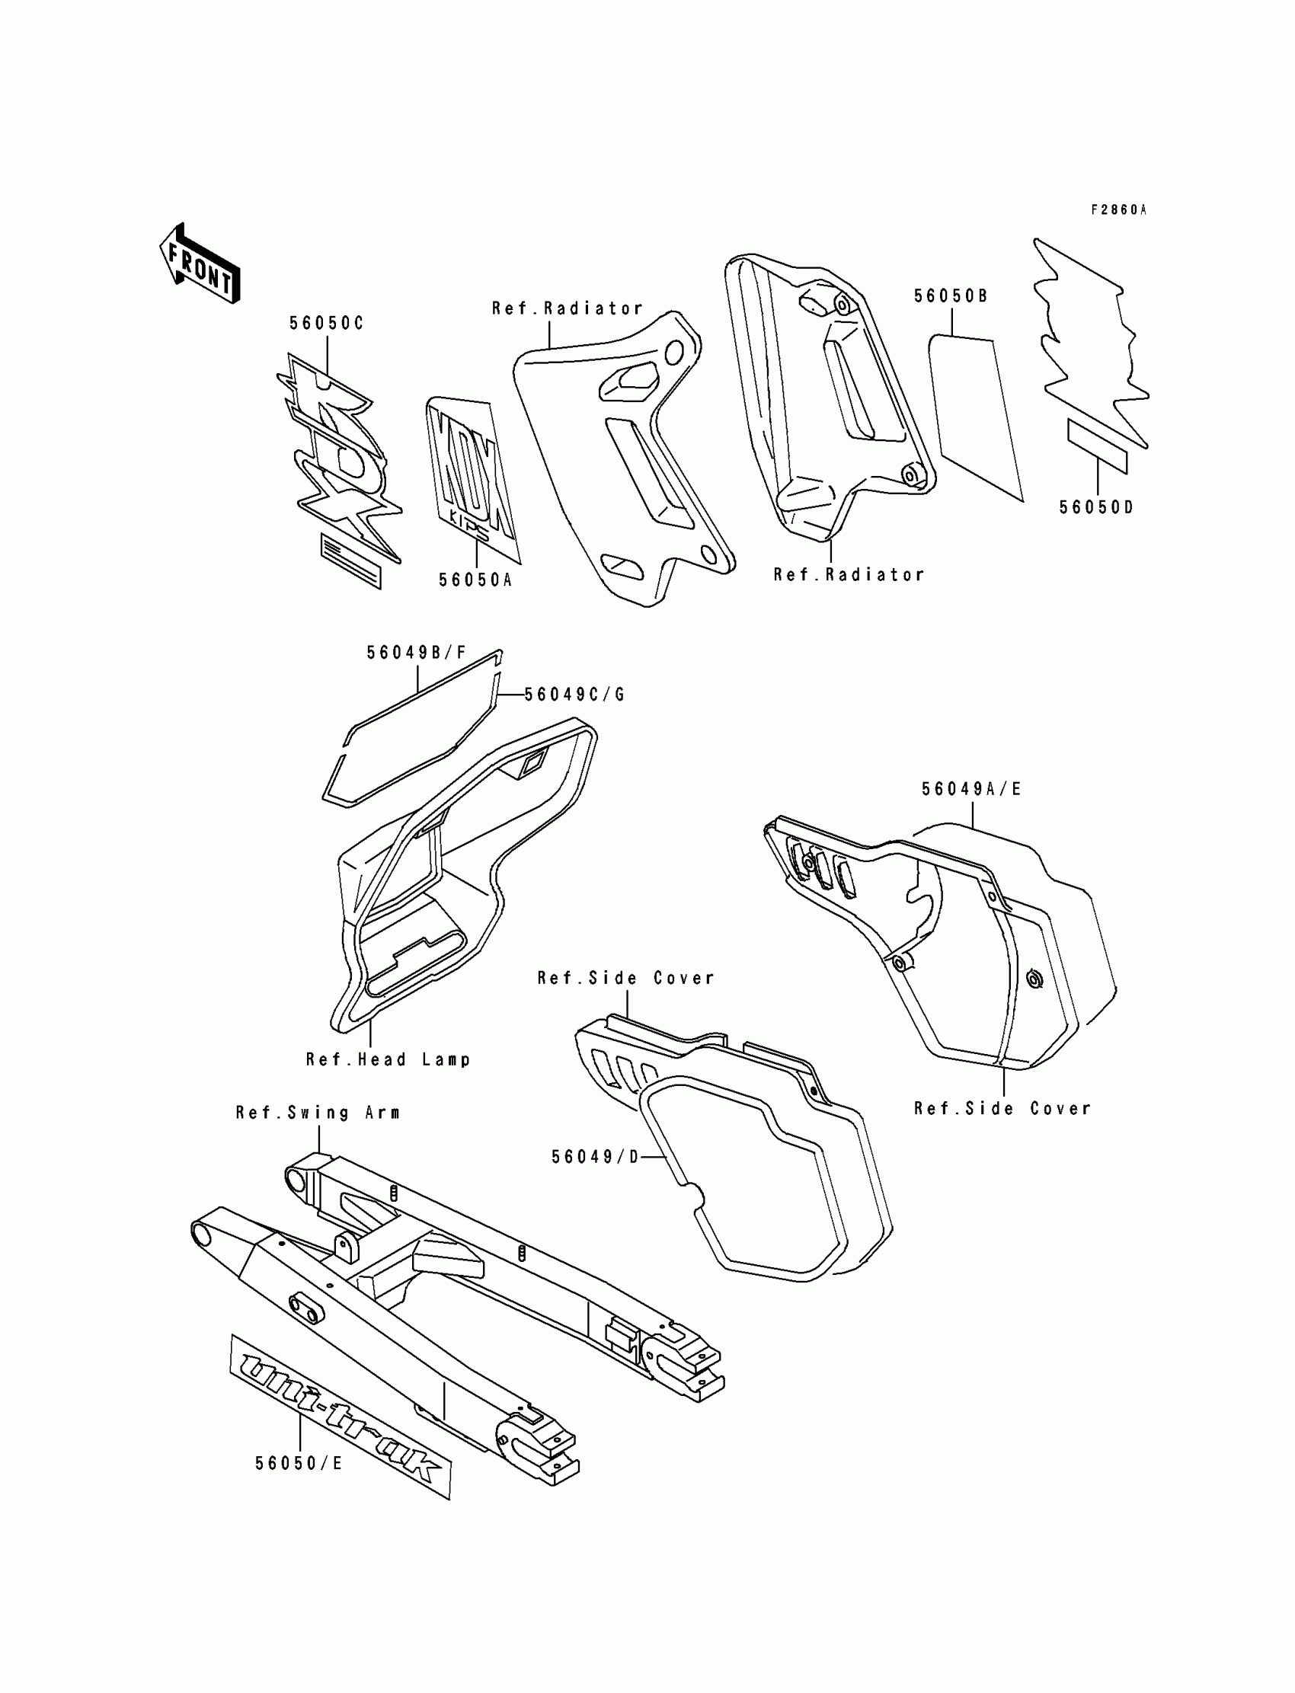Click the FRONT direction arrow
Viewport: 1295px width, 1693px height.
200,264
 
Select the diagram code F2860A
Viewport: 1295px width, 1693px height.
1118,209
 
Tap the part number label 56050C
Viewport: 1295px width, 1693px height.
326,324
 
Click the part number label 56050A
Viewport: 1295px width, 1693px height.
475,580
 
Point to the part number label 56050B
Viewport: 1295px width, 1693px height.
951,297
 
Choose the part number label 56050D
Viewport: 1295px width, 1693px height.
1096,508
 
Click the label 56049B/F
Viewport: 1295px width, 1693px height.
416,653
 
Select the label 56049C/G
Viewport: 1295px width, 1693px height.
574,695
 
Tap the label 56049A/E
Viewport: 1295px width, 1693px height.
971,789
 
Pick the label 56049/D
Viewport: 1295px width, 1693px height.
595,1157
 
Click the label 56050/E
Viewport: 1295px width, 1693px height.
299,1463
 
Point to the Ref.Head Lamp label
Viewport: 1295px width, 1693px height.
388,1059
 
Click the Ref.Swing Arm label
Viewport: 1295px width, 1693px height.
318,1113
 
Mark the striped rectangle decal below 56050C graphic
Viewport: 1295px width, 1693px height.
350,561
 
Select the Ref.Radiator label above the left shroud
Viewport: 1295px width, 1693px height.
568,309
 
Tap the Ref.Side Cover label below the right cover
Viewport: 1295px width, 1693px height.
1002,1109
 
